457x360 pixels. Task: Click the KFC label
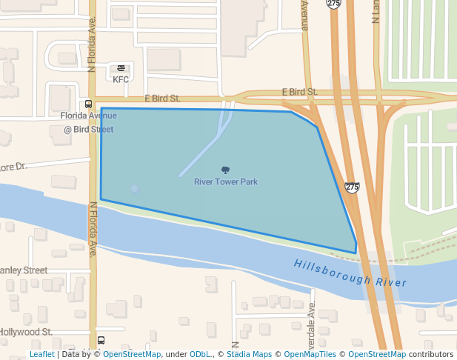click(121, 79)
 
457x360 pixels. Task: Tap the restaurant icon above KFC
click(121, 69)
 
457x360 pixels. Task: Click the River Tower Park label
click(226, 181)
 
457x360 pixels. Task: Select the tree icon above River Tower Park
click(226, 170)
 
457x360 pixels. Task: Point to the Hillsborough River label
click(350, 273)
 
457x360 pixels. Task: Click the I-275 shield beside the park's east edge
click(352, 187)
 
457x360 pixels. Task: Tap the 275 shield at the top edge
click(333, 4)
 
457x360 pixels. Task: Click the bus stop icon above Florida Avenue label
click(88, 104)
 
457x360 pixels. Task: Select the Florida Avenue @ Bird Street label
click(88, 122)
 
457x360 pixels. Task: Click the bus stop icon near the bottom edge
click(101, 341)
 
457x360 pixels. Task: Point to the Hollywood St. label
click(26, 333)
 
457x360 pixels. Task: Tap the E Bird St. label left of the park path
click(162, 98)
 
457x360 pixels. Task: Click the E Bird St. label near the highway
click(299, 92)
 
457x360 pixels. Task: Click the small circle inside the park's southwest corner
click(134, 188)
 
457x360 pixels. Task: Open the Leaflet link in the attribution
click(41, 355)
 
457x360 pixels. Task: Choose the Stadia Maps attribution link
click(249, 355)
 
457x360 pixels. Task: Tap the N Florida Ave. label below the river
click(93, 230)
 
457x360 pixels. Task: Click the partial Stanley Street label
click(24, 270)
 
